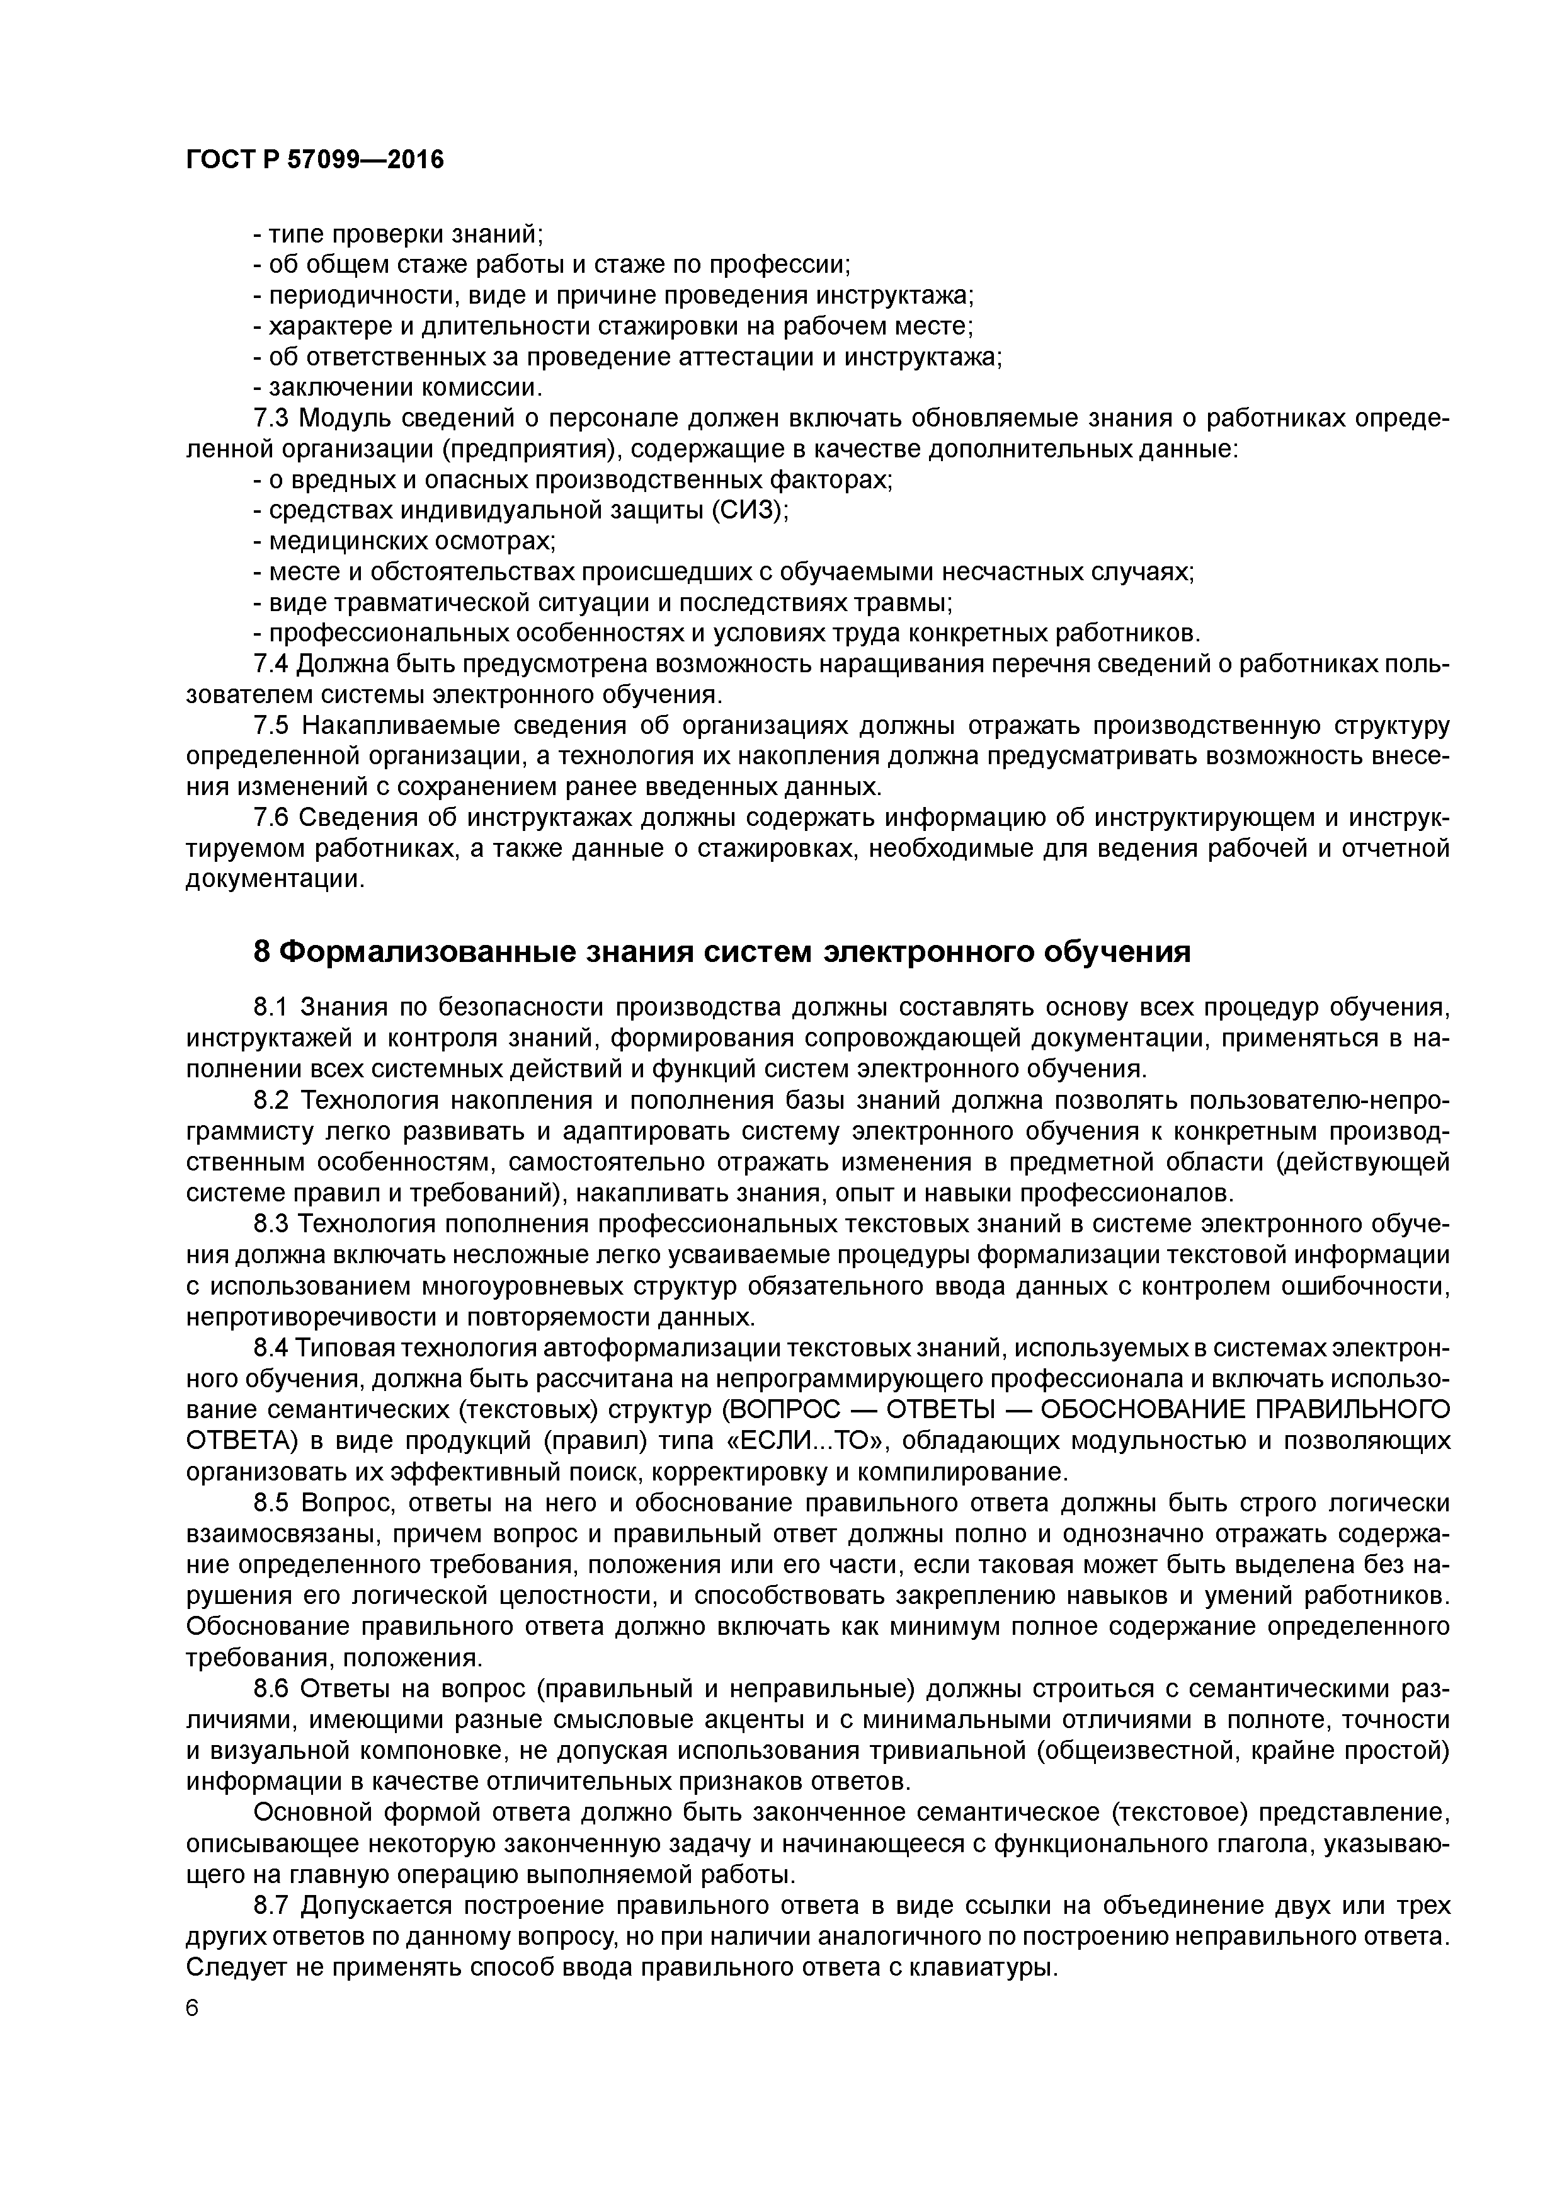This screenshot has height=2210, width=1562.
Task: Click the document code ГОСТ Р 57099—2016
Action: tap(315, 160)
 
